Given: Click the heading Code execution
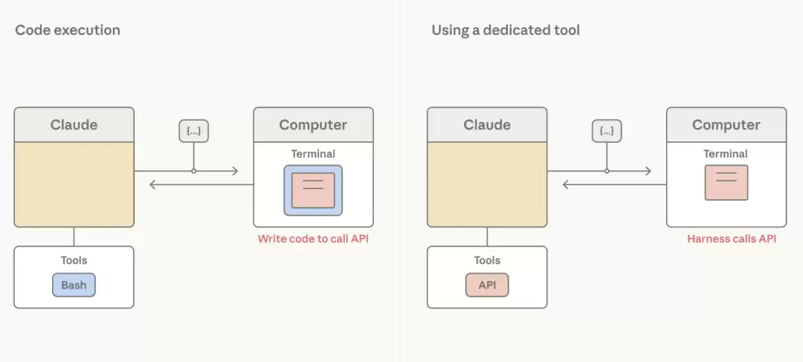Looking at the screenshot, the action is point(68,30).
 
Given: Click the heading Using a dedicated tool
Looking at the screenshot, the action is point(506,30).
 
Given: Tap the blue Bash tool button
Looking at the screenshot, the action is point(74,285).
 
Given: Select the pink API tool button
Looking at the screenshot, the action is point(487,285).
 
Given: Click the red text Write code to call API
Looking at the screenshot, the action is point(313,239).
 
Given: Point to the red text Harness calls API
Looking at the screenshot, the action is point(732,239).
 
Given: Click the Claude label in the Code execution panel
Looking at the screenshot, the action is point(74,124).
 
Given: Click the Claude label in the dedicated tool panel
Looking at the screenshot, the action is point(487,124).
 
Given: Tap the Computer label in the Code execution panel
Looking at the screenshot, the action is point(313,124).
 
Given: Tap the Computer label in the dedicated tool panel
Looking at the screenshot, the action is point(726,124).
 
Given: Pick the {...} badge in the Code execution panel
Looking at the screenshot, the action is point(193,131).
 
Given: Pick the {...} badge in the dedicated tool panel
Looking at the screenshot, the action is point(607,131).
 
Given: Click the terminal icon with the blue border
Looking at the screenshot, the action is point(313,190).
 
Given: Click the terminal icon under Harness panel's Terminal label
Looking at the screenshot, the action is point(726,182).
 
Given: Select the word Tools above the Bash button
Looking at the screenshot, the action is point(74,260).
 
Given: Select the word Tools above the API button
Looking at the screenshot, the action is point(487,260).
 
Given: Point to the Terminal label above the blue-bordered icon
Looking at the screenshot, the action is point(313,154).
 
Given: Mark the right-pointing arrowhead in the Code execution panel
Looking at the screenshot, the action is point(235,171).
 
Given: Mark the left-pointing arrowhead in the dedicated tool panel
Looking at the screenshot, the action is point(566,184).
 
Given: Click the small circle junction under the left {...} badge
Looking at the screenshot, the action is point(193,171).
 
